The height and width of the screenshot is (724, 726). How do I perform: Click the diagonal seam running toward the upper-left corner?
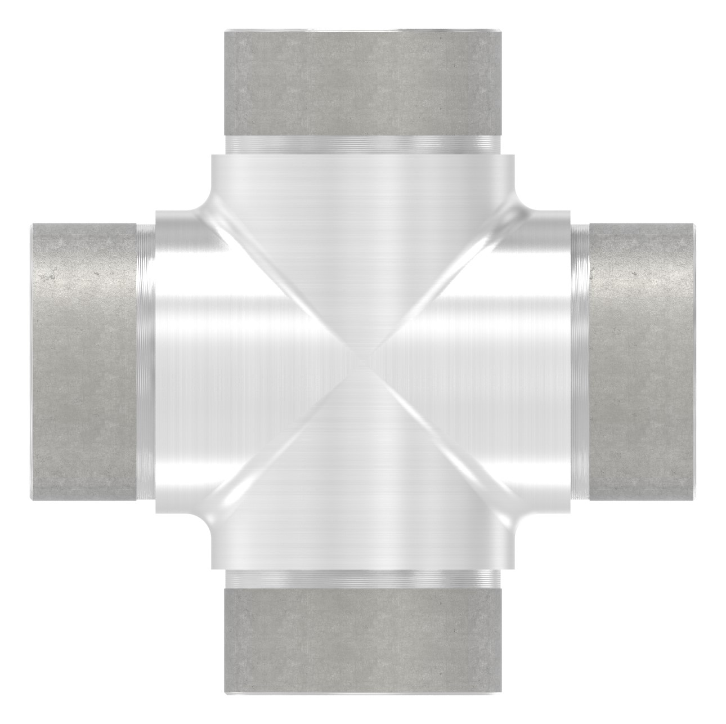click(281, 281)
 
